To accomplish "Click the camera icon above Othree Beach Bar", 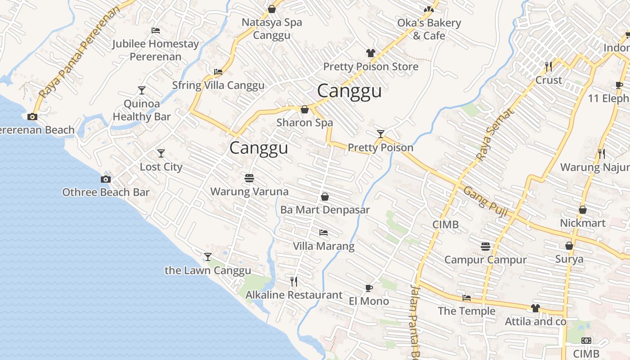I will [105, 179].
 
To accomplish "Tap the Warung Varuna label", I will [249, 192].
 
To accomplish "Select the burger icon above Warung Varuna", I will [249, 178].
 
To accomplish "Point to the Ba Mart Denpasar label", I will [325, 210].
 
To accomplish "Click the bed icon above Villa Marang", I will [324, 233].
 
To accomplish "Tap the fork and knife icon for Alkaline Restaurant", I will [294, 282].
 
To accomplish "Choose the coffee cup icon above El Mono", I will [369, 288].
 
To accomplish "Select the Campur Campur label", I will [485, 260].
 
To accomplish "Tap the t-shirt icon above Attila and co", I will [535, 308].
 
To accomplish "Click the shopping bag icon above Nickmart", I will [583, 210].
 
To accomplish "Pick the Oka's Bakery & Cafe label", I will [429, 29].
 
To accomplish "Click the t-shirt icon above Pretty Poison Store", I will [370, 53].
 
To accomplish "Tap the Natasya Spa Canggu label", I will [272, 29].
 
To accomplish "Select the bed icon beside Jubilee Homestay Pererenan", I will [156, 31].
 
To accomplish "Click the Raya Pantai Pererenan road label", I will [80, 52].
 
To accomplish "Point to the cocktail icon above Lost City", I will [161, 153].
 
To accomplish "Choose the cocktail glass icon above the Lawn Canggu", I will [207, 257].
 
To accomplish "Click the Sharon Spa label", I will [305, 122].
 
